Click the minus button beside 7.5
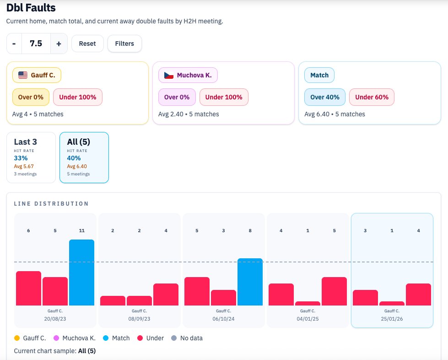point(14,44)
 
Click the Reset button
point(87,44)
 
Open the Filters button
point(124,44)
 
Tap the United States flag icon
point(23,75)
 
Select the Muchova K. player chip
point(188,75)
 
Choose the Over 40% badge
point(325,97)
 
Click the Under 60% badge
point(372,97)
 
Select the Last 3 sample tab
point(31,158)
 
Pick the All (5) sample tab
point(84,158)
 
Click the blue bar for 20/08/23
point(81,273)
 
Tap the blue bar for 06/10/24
point(250,282)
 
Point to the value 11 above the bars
point(81,231)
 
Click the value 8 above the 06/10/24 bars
point(250,231)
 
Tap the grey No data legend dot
point(173,338)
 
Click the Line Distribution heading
point(51,203)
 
